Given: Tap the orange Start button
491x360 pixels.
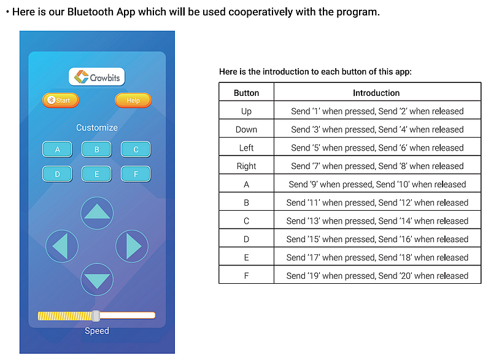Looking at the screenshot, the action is pyautogui.click(x=60, y=100).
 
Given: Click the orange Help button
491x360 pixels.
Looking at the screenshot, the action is pyautogui.click(x=133, y=100).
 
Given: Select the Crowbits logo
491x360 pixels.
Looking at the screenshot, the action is pyautogui.click(x=97, y=77).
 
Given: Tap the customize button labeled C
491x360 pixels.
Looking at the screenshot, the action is pyautogui.click(x=136, y=149).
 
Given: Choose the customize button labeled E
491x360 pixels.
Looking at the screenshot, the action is pyautogui.click(x=96, y=174).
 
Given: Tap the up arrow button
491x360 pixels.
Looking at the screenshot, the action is pyautogui.click(x=97, y=213).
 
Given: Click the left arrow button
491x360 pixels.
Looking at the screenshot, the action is pyautogui.click(x=62, y=246).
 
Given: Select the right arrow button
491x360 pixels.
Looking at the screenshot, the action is pyautogui.click(x=132, y=246).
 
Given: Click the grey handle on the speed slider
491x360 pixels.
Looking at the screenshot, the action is pyautogui.click(x=96, y=316).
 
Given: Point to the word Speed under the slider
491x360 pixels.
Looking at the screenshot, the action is pyautogui.click(x=97, y=331).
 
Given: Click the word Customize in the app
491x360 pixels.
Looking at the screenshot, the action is pyautogui.click(x=97, y=128).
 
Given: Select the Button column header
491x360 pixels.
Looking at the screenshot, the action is pyautogui.click(x=247, y=93).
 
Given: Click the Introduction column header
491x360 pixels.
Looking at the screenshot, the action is pyautogui.click(x=376, y=93).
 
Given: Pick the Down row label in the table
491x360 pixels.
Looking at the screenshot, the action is pyautogui.click(x=247, y=130).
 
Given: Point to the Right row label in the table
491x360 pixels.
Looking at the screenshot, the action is pyautogui.click(x=247, y=166).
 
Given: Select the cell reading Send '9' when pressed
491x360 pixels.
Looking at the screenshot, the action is pyautogui.click(x=377, y=184).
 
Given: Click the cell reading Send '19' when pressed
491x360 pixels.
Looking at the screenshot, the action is pyautogui.click(x=377, y=276).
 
